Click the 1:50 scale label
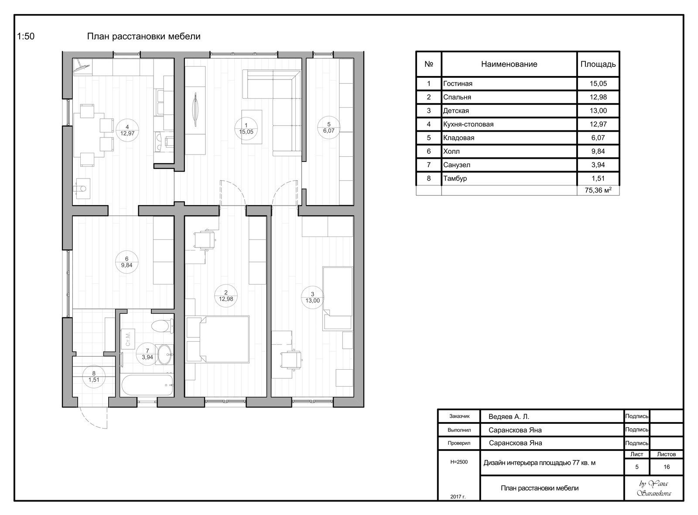click(26, 37)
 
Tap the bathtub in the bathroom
click(147, 385)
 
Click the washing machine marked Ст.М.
click(128, 339)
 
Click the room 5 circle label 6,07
click(329, 127)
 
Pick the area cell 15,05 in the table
click(598, 83)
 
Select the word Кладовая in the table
click(458, 138)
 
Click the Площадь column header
click(598, 64)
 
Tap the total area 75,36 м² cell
click(598, 190)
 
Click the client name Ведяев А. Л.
click(509, 417)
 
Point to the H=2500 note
click(459, 462)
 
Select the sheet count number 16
click(667, 467)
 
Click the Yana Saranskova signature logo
click(654, 488)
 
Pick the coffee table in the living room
click(252, 127)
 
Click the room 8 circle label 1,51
click(94, 377)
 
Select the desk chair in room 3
click(291, 360)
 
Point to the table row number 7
click(429, 165)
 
